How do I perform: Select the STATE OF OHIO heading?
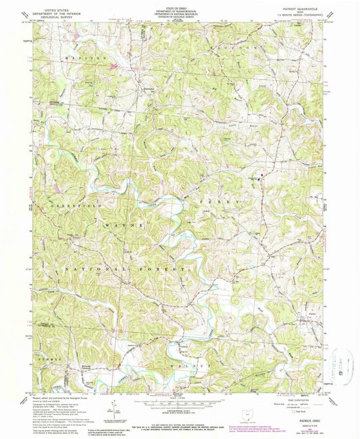pyautogui.click(x=180, y=5)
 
